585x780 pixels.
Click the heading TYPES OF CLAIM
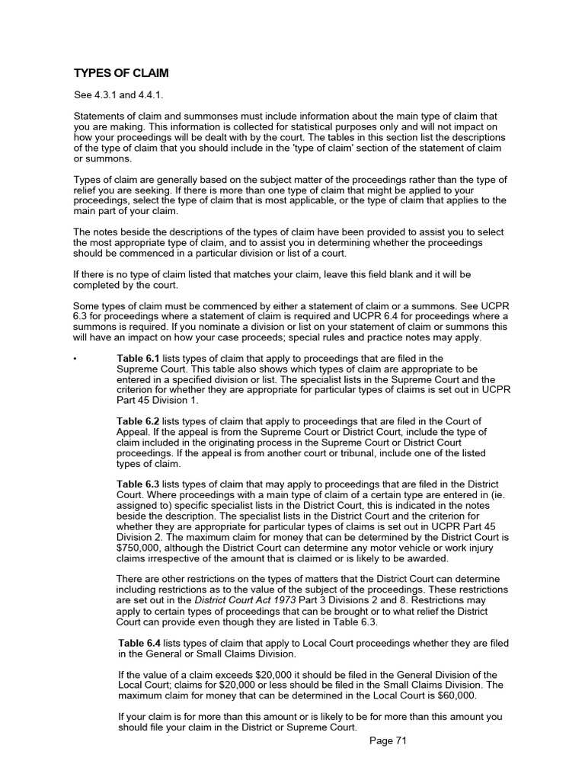click(x=120, y=73)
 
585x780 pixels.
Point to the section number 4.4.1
click(x=149, y=95)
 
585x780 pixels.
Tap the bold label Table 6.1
click(x=138, y=358)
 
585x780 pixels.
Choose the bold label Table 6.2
click(x=138, y=421)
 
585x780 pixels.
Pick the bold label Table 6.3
click(x=138, y=484)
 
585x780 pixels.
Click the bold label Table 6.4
click(x=141, y=644)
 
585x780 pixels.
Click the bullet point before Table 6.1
click(x=75, y=358)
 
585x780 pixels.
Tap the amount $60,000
click(x=452, y=695)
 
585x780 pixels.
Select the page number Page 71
click(x=388, y=741)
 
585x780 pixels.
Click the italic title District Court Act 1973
click(x=233, y=601)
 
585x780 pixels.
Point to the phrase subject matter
click(x=265, y=179)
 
